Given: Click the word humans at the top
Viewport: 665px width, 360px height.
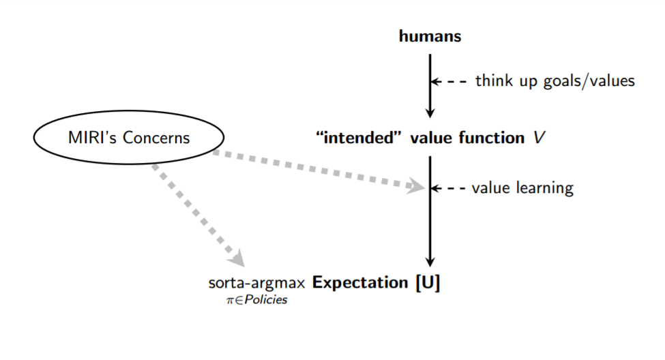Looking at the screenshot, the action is coord(430,36).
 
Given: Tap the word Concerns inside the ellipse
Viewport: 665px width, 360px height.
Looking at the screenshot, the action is coord(156,137).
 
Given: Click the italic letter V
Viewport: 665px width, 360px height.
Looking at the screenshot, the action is coord(539,138).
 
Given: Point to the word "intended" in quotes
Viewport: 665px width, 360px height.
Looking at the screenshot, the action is coord(358,138).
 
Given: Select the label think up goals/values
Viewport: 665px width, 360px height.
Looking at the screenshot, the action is coord(555,80).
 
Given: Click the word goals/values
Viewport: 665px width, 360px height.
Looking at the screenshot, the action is coord(589,81).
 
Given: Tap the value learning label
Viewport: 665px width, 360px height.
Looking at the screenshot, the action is coord(522,188).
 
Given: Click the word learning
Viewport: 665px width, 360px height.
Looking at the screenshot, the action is coord(544,188).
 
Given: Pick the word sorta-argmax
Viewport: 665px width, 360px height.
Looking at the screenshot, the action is coord(256,283).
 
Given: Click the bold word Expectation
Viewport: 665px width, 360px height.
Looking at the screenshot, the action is coord(360,283).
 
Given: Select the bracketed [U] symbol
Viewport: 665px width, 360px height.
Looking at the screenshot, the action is coord(428,283).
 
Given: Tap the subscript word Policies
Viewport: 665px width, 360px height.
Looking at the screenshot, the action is coord(266,300).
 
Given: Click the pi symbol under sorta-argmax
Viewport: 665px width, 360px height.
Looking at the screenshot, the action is coord(231,300).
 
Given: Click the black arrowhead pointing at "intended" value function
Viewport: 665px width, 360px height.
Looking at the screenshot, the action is coord(430,112).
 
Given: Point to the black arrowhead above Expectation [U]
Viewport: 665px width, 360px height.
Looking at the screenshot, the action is coord(430,261).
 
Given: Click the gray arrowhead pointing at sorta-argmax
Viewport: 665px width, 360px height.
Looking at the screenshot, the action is coord(238,258).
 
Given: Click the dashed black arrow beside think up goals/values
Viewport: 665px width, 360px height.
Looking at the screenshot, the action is coord(449,81).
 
